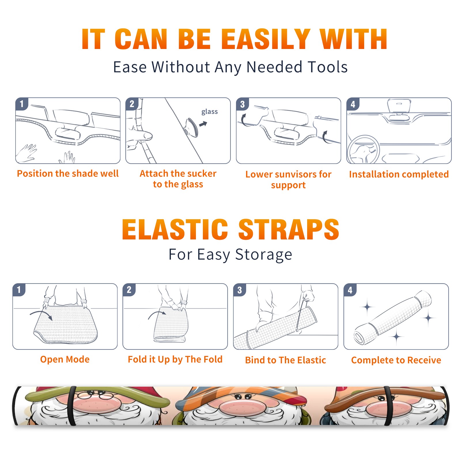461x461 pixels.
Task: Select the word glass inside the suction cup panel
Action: (x=209, y=112)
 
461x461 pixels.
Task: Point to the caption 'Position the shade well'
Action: (x=68, y=173)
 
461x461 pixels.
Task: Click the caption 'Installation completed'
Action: (x=399, y=174)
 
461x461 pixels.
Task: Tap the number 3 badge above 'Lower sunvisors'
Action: (x=242, y=104)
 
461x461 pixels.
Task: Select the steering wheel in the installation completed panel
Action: (x=363, y=149)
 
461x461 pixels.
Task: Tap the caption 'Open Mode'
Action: (x=65, y=359)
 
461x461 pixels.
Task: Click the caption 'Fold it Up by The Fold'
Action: (x=175, y=360)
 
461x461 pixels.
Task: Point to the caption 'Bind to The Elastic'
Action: (x=286, y=360)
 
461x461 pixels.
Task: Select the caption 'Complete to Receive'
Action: (x=396, y=360)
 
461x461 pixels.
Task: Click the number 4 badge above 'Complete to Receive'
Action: (x=350, y=290)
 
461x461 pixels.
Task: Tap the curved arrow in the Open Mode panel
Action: (x=41, y=313)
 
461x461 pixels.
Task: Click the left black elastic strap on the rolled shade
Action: (x=71, y=406)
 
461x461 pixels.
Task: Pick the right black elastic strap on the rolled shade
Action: (x=388, y=406)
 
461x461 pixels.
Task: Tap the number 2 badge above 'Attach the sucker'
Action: (x=132, y=104)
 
